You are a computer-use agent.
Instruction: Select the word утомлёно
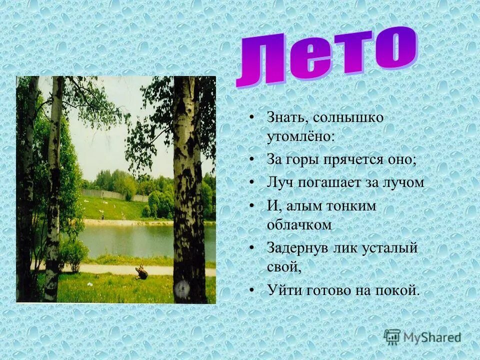[298, 136]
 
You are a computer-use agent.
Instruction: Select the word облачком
[299, 224]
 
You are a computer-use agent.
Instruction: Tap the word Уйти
[283, 289]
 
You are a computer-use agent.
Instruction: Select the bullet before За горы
[252, 160]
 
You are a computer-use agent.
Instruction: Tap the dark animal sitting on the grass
[141, 272]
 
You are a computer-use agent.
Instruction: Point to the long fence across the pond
[107, 194]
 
